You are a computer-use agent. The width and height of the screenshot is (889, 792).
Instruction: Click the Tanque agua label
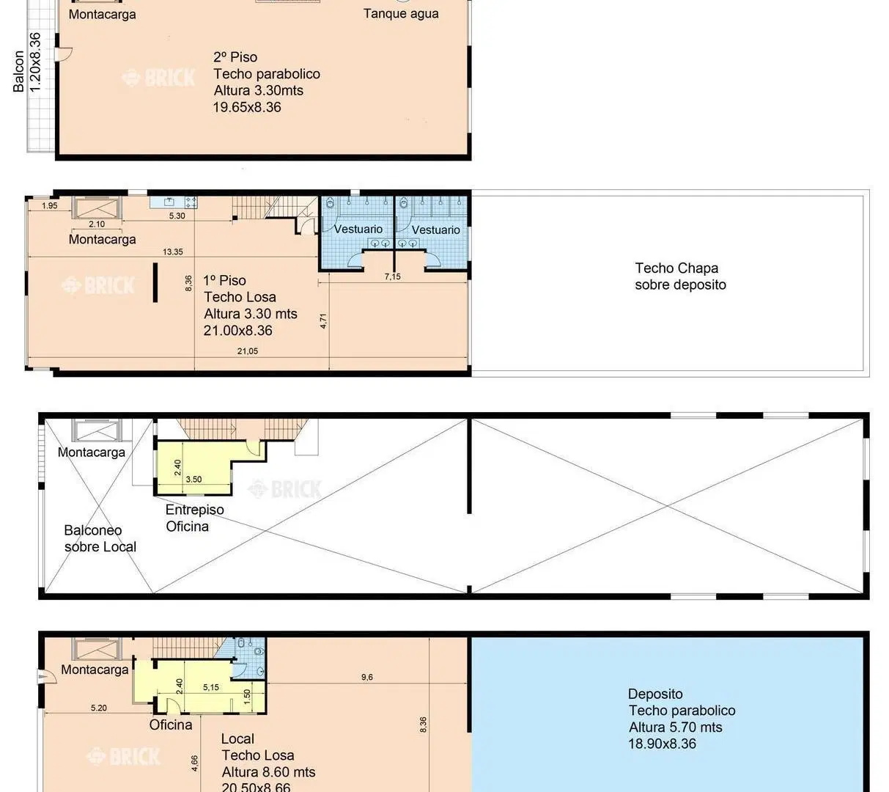coord(401,14)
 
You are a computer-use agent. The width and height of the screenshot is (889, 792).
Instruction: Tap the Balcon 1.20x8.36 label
coord(27,63)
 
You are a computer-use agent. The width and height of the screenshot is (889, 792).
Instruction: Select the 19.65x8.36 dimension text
coord(246,107)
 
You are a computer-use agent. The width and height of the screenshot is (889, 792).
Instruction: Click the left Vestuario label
coord(358,229)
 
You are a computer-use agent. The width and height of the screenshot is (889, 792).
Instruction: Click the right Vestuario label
coord(435,230)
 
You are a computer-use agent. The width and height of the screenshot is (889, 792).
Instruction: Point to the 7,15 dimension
coord(392,276)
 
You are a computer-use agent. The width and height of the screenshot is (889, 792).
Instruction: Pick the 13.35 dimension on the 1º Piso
coord(172,252)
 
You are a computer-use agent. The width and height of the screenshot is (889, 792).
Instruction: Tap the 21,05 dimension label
coord(248,351)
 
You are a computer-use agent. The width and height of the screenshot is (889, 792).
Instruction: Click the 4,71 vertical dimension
coord(323,321)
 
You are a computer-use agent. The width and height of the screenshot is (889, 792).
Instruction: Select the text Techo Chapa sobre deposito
coord(680,276)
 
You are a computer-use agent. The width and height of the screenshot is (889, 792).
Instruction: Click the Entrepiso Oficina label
coord(194,518)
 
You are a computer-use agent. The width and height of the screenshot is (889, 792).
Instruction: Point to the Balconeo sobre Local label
coord(100,538)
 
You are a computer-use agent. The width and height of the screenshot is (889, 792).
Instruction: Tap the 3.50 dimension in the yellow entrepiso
coord(193,479)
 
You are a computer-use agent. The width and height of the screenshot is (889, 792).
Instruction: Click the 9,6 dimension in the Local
coord(367,677)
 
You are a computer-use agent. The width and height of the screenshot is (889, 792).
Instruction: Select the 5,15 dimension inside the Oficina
coord(210,687)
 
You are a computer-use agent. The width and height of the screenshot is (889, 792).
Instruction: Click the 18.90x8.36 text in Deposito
coord(662,744)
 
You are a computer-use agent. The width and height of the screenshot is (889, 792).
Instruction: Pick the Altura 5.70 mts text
coord(675,727)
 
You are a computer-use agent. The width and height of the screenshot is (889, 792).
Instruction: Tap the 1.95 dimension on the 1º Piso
coord(50,205)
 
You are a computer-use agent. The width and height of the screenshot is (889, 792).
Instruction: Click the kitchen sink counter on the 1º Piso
coord(173,202)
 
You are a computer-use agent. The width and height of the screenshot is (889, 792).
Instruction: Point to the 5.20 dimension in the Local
coord(99,708)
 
